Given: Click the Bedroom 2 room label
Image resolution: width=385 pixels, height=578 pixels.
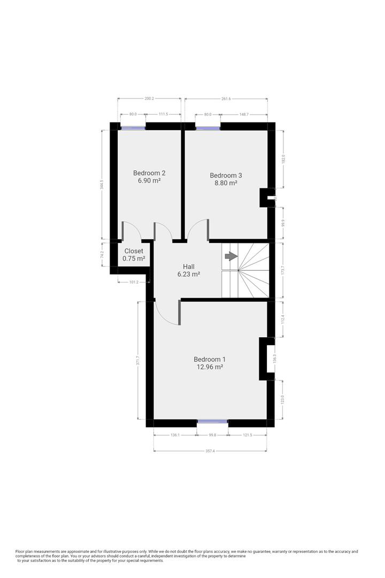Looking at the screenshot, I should (x=149, y=173).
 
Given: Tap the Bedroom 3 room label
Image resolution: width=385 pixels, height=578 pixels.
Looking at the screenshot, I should (x=226, y=175).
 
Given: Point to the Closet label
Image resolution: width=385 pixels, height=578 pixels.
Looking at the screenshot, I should (x=134, y=251).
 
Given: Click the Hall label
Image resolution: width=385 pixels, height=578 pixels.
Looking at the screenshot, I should (x=189, y=267).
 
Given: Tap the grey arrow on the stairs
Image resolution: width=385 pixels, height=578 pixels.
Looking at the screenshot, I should (x=231, y=256).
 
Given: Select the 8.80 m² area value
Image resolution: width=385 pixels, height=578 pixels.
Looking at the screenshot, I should (x=226, y=183).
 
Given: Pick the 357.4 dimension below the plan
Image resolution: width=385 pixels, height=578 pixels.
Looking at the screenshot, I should (x=210, y=451).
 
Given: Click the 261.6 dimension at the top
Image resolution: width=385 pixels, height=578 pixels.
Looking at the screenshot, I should (x=226, y=99).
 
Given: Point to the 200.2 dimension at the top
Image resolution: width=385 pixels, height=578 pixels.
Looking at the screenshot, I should (x=149, y=99).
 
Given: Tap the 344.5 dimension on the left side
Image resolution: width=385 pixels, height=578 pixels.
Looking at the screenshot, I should (x=102, y=185).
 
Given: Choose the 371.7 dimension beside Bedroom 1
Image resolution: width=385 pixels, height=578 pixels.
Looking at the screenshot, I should (x=138, y=361).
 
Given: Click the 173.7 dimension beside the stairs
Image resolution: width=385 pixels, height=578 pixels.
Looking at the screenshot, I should (x=283, y=271).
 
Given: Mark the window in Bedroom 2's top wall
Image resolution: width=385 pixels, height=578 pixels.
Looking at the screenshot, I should (x=133, y=127).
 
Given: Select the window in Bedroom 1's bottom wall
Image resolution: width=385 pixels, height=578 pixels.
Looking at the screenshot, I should (x=213, y=422).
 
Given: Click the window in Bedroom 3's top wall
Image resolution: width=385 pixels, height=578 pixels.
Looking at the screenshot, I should (x=208, y=127).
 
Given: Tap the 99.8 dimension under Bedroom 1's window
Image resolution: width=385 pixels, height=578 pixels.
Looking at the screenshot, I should (x=213, y=436).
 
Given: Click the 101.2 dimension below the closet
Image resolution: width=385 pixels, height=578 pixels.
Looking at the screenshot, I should (x=134, y=282).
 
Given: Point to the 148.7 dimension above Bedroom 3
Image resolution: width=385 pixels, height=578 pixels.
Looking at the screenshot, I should (x=243, y=115).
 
